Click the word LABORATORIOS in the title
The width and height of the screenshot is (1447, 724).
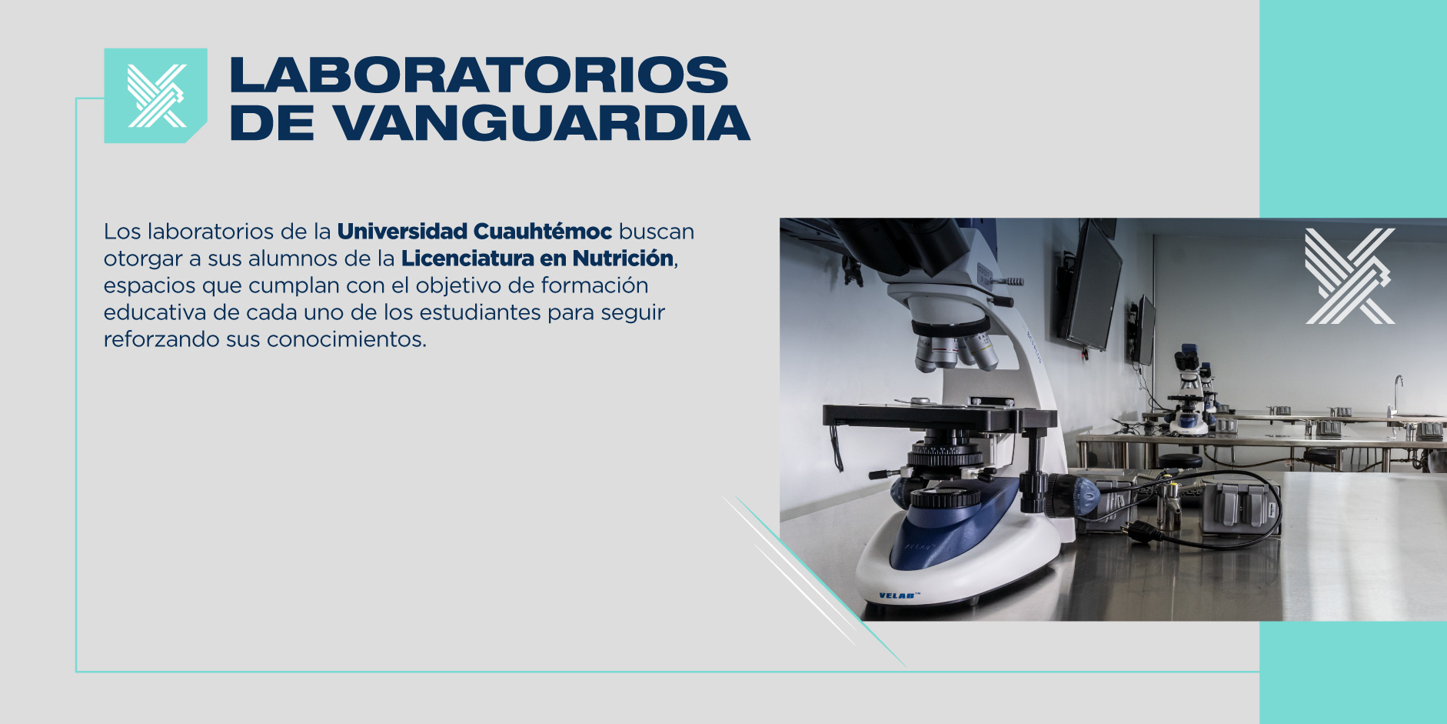(478, 75)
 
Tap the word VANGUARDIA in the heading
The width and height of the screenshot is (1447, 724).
(541, 123)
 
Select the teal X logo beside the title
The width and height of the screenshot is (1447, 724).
(156, 95)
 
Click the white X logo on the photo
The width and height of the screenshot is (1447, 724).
(1349, 275)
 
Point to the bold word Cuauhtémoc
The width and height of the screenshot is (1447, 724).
(543, 231)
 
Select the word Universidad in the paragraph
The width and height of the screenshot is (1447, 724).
(402, 231)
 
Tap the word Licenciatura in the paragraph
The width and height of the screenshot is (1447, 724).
(467, 258)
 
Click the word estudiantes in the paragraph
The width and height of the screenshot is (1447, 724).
(480, 312)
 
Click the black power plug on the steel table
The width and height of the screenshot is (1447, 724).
(1142, 530)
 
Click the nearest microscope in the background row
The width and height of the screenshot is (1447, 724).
(1188, 392)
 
